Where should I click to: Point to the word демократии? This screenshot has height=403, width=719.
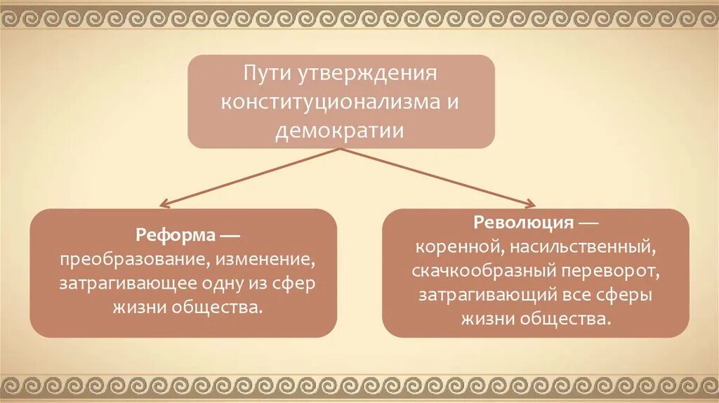(341, 131)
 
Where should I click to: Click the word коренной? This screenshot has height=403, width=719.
(454, 248)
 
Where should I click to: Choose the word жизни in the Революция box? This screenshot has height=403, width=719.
(486, 319)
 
